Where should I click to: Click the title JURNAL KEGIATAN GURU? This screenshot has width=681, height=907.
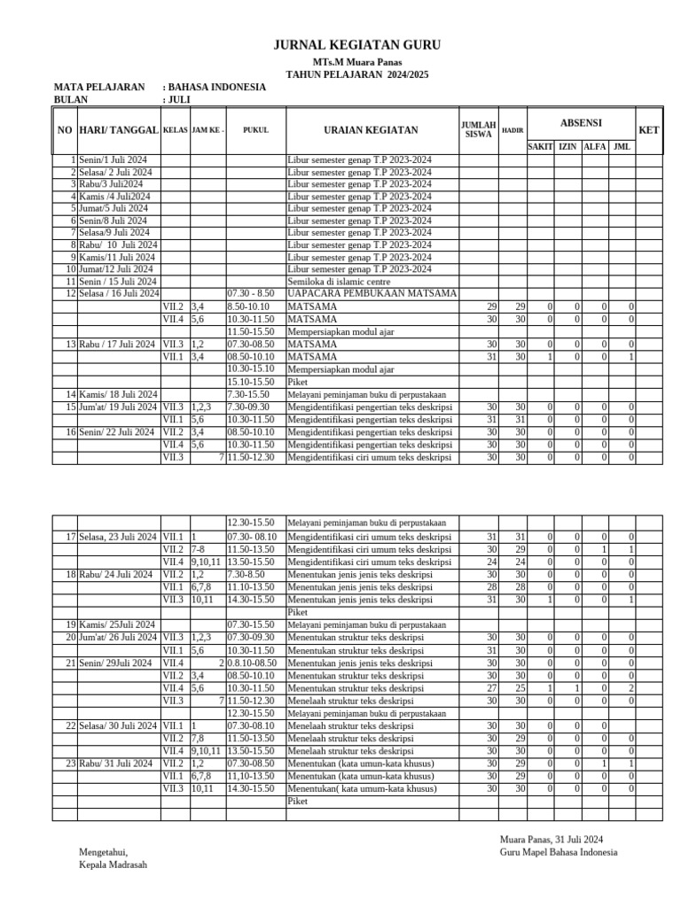356,45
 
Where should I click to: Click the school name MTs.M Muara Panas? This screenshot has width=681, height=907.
356,63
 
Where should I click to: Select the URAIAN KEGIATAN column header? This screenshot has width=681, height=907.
371,130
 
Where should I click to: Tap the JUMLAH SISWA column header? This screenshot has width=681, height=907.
478,130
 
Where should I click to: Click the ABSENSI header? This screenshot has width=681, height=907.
581,121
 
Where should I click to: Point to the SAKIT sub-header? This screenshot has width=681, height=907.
540,146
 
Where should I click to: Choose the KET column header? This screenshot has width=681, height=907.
649,130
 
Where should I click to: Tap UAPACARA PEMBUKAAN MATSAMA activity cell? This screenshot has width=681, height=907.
372,293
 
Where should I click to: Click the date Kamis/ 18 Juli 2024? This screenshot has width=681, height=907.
118,394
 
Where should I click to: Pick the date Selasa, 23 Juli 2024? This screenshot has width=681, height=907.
118,537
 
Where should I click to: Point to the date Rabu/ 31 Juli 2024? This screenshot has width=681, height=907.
116,764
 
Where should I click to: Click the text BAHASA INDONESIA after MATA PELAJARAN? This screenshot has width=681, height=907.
216,88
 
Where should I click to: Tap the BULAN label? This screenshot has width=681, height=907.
71,100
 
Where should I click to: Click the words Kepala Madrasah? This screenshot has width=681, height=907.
113,864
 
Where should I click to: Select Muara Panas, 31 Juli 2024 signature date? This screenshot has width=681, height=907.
552,839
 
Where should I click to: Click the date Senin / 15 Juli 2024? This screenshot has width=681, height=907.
118,281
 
